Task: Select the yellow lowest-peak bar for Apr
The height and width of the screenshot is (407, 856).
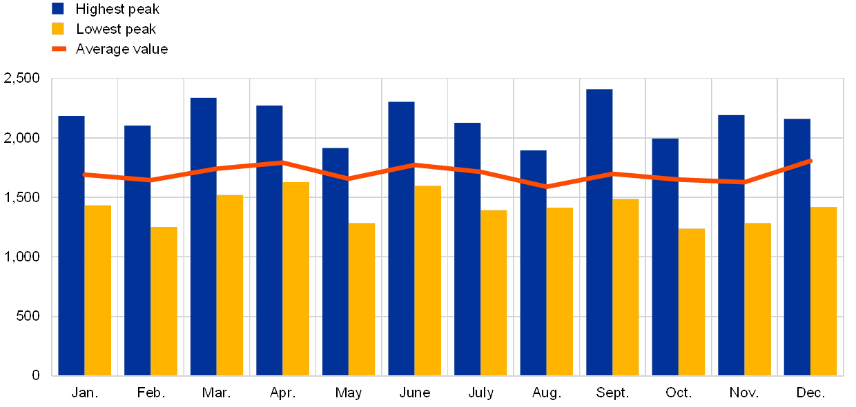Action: tap(296, 279)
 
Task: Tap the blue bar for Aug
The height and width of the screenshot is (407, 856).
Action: tap(533, 263)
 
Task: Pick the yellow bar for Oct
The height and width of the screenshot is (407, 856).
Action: tap(692, 302)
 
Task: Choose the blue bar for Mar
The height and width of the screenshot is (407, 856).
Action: tap(204, 237)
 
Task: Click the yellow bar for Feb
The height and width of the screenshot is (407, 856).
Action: tap(164, 301)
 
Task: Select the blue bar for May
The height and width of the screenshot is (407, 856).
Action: tap(335, 261)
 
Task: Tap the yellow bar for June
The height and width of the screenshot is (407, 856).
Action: tap(428, 281)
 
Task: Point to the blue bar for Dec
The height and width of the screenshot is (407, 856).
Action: tap(797, 247)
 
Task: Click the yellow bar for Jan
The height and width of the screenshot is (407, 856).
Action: tap(98, 290)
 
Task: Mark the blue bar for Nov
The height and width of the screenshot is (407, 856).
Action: tap(731, 245)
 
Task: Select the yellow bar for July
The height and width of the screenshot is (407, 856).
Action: tap(494, 292)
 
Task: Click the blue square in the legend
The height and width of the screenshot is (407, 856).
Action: tap(58, 8)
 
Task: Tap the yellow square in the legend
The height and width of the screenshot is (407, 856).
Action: tap(58, 29)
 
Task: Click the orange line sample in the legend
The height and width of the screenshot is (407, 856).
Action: tap(59, 49)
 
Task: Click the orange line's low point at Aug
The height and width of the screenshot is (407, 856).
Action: tap(546, 186)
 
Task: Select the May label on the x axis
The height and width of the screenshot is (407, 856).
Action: tap(349, 393)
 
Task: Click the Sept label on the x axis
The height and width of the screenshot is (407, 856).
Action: tap(612, 393)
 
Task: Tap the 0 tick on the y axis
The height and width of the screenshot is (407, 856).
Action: tap(36, 375)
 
